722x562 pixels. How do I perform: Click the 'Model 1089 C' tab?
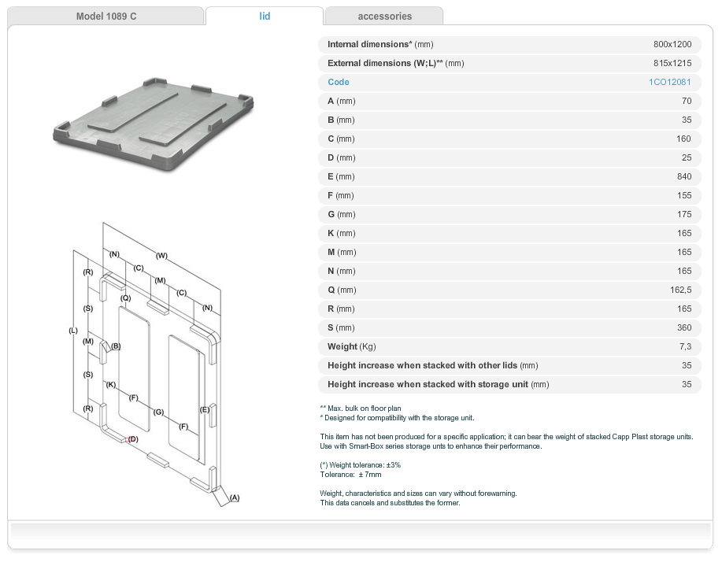coord(106,16)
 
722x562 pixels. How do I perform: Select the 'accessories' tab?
coord(384,16)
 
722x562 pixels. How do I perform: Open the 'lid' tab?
coord(265,16)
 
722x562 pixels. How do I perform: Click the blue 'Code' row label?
coord(339,82)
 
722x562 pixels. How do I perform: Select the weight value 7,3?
coord(685,346)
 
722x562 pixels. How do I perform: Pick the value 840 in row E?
coord(683,176)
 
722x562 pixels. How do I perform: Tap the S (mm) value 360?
coord(683,327)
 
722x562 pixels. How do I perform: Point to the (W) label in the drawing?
coord(161,255)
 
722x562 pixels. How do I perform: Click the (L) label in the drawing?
coord(73,331)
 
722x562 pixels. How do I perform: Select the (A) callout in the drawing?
coord(234,497)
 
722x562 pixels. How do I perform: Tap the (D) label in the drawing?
coord(133,438)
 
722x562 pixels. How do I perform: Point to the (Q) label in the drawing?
coord(125,298)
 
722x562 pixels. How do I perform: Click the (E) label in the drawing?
coord(205,410)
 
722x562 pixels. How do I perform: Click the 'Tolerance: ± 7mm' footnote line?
coord(350,475)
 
